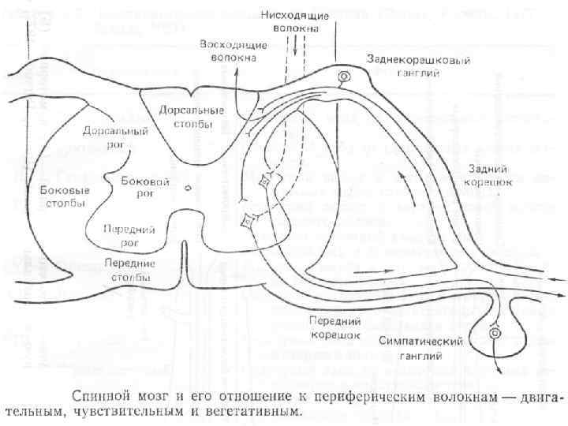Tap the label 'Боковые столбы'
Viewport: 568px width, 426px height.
coord(64,196)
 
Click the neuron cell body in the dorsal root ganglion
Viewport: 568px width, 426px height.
coord(344,77)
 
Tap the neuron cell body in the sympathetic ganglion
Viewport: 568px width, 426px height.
coord(495,334)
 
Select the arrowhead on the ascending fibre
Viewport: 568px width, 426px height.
coord(238,71)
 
